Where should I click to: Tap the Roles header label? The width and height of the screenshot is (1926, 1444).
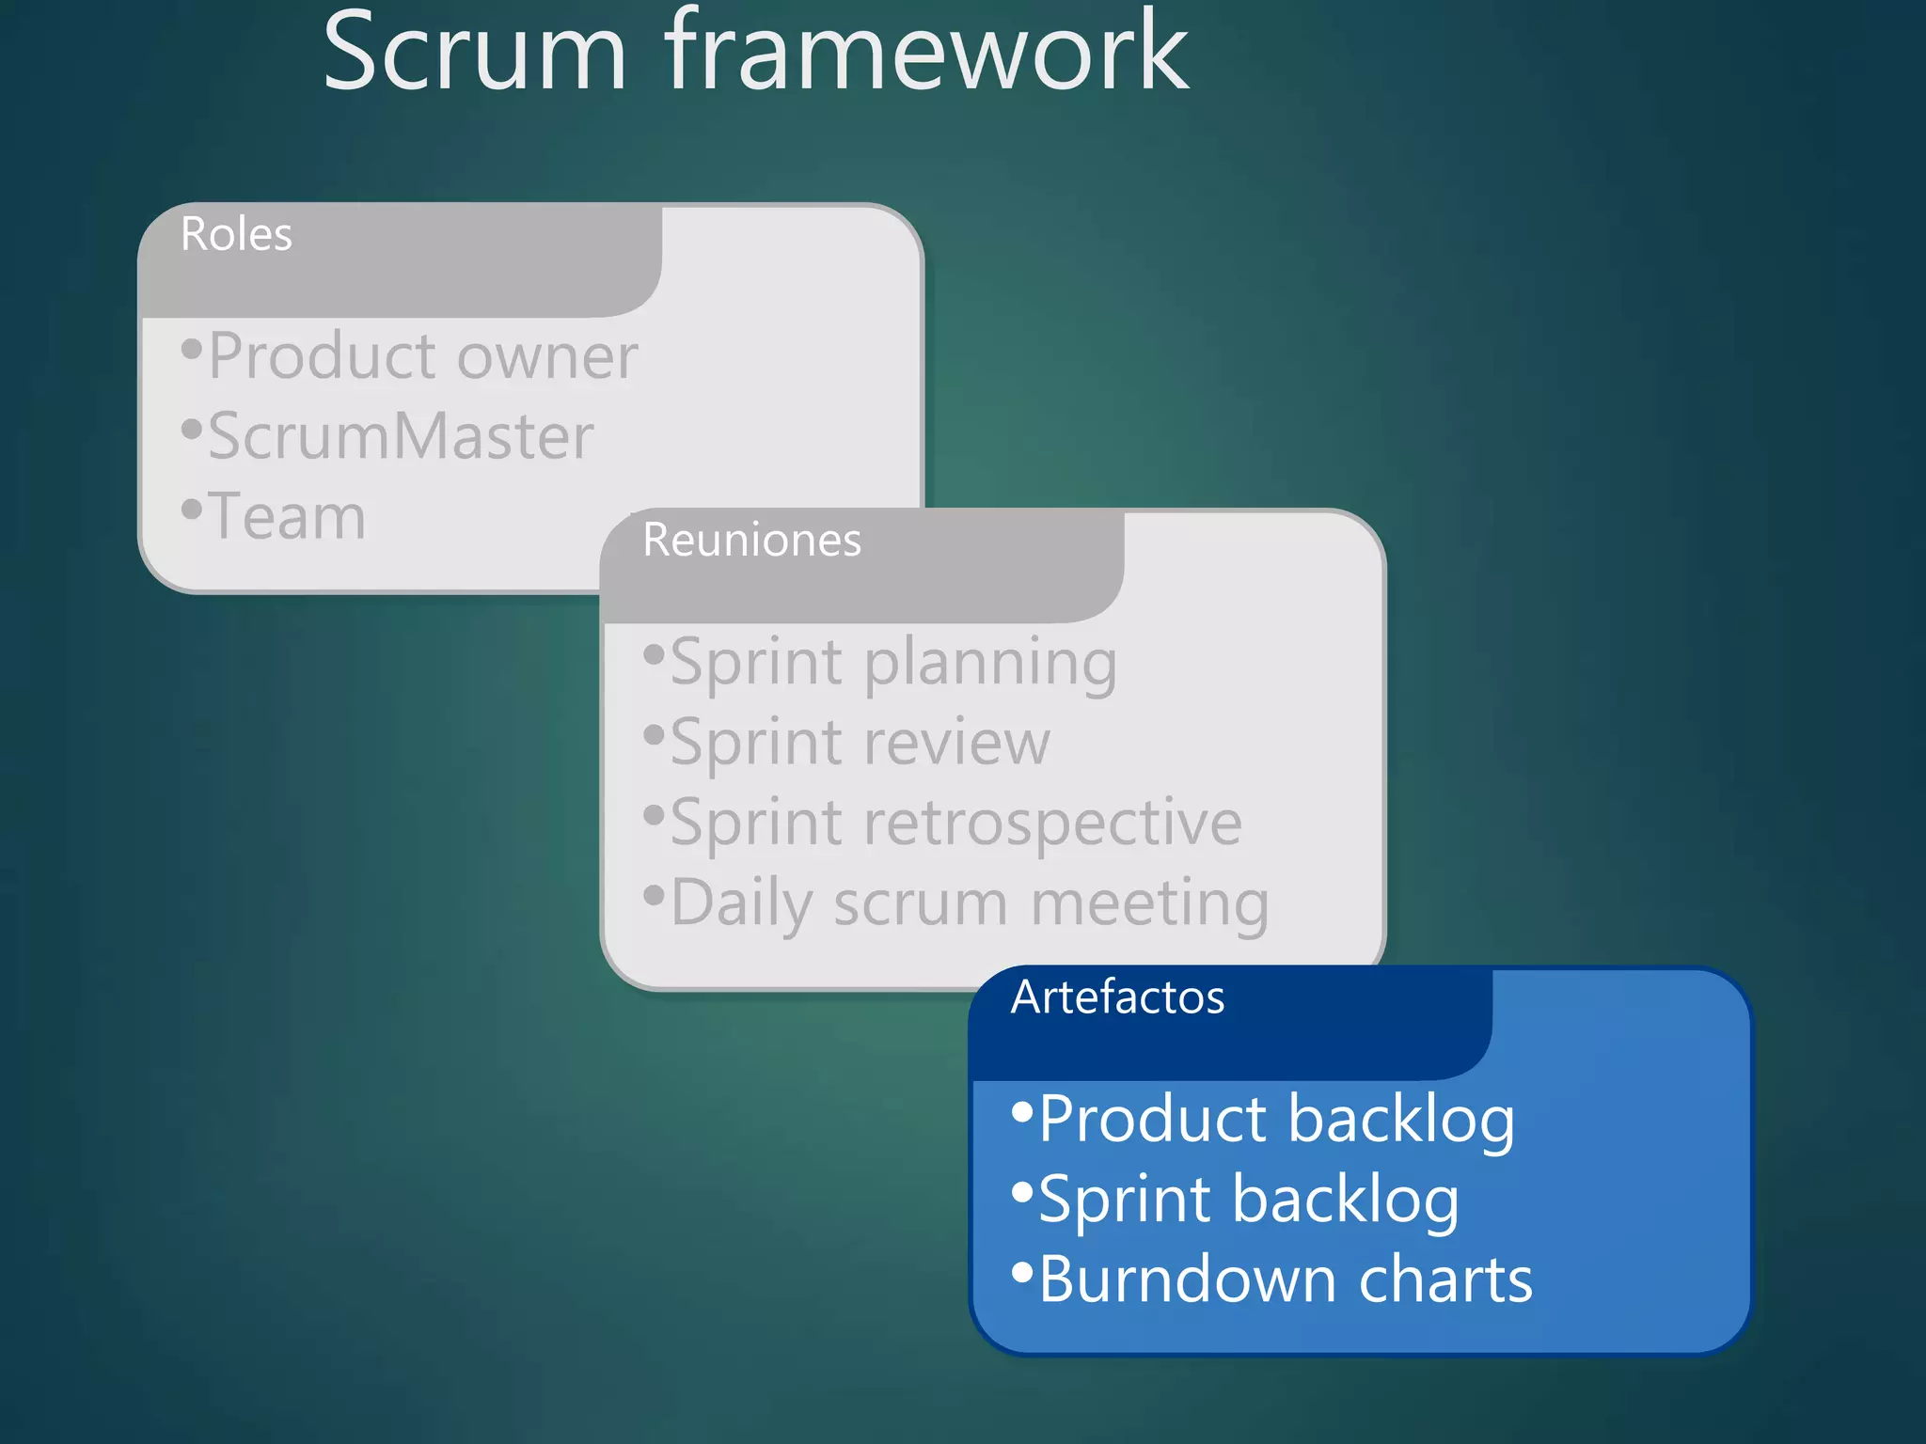pyautogui.click(x=236, y=234)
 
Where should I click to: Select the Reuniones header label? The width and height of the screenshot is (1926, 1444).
pyautogui.click(x=751, y=541)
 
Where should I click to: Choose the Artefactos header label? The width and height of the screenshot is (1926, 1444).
pyautogui.click(x=1117, y=997)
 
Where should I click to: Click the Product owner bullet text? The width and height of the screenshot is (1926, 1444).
pyautogui.click(x=423, y=357)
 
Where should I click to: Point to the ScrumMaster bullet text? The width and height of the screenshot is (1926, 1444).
pyautogui.click(x=401, y=437)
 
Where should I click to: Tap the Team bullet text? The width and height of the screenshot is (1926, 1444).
pyautogui.click(x=287, y=517)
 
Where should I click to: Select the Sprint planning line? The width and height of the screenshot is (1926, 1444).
pyautogui.click(x=893, y=664)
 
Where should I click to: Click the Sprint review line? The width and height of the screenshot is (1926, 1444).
pyautogui.click(x=860, y=744)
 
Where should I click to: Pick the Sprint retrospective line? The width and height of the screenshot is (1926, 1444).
pyautogui.click(x=955, y=824)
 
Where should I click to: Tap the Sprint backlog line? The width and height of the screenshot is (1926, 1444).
pyautogui.click(x=1249, y=1201)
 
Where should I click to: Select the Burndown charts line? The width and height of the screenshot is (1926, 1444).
pyautogui.click(x=1286, y=1280)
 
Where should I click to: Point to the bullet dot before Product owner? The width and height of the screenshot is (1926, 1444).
pyautogui.click(x=191, y=350)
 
